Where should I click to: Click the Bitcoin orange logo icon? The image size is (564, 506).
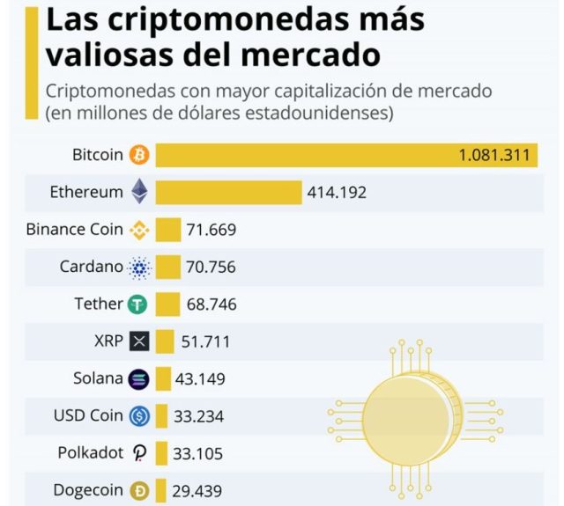click(x=139, y=155)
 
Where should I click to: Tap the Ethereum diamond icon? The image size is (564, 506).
click(x=139, y=192)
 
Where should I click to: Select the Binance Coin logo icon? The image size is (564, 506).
click(x=139, y=230)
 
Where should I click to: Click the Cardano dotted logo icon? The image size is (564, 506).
click(x=139, y=267)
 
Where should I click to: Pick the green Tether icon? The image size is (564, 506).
click(x=138, y=304)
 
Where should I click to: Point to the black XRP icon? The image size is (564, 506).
click(x=139, y=341)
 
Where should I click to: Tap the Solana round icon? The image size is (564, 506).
click(x=139, y=379)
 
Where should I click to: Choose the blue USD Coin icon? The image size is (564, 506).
click(x=139, y=416)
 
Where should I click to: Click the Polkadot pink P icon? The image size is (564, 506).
click(x=139, y=453)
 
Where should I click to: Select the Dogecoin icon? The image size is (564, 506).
click(x=139, y=491)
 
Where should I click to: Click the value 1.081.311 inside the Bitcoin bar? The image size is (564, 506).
click(x=493, y=156)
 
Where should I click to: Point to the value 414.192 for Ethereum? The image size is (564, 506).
click(x=337, y=193)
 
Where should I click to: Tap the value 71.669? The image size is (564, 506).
click(x=211, y=231)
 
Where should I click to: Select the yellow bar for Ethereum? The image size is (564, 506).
click(x=228, y=193)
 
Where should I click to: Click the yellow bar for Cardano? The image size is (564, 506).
click(x=167, y=267)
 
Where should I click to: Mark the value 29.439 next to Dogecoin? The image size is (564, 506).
click(x=198, y=491)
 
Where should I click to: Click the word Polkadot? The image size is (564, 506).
click(x=90, y=453)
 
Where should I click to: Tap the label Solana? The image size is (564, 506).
click(x=98, y=379)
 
